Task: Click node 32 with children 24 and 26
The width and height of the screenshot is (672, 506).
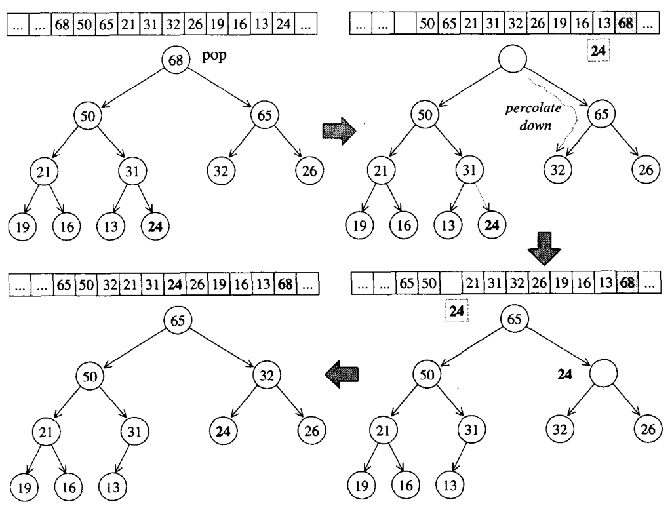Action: (266, 376)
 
